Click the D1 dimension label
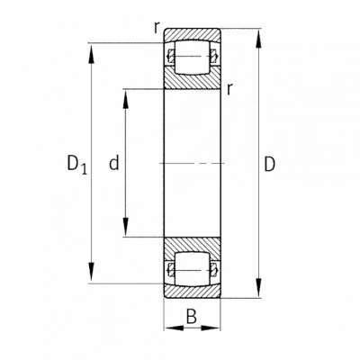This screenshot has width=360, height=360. (77, 165)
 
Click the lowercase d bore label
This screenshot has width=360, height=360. (114, 163)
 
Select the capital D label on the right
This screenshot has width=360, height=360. (270, 164)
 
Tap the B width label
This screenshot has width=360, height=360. (192, 316)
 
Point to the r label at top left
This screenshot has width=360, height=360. (156, 28)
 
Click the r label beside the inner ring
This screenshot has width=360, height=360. (229, 89)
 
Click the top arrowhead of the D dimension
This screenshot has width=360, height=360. (258, 39)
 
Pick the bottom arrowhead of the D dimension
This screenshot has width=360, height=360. (258, 288)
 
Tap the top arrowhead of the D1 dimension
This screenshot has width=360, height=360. (91, 53)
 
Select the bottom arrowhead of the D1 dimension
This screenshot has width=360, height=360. (91, 273)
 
